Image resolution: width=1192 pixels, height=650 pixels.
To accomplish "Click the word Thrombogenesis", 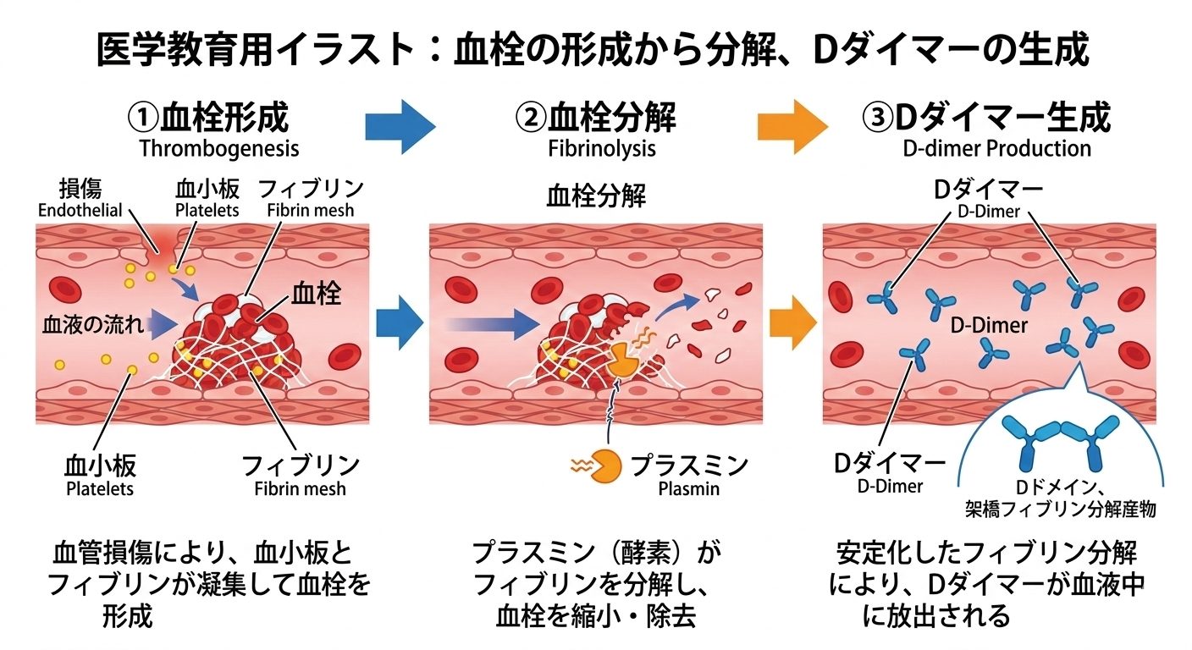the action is [x=219, y=149].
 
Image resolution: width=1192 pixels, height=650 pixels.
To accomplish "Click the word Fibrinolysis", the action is [x=602, y=149].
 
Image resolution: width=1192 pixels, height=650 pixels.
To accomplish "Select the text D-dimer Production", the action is [x=996, y=148].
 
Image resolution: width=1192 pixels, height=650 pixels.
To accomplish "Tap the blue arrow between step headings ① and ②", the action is [x=400, y=127].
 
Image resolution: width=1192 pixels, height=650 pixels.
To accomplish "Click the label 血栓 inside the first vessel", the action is [x=316, y=293].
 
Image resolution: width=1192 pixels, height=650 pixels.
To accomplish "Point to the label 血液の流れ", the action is [x=93, y=324].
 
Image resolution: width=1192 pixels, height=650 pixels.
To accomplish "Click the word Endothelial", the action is [x=80, y=210].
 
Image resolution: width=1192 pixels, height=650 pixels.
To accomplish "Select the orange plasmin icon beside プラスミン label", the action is [x=605, y=466].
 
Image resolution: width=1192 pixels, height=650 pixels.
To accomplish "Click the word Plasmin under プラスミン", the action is [x=688, y=488].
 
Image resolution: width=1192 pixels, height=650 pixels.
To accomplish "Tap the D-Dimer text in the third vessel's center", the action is [x=989, y=326].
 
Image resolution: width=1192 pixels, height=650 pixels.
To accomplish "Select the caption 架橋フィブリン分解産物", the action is [x=1061, y=510].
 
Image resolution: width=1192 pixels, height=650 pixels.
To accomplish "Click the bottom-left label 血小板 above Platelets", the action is [x=100, y=465].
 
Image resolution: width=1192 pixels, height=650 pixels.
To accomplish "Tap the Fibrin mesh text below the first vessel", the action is [x=301, y=488].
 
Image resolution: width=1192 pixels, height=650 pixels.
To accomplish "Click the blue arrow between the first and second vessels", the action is [x=400, y=322].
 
